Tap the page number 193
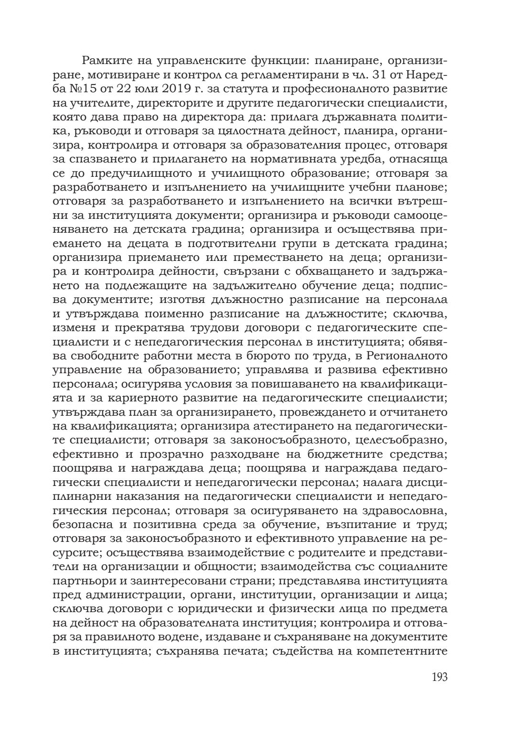coord(439,677)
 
